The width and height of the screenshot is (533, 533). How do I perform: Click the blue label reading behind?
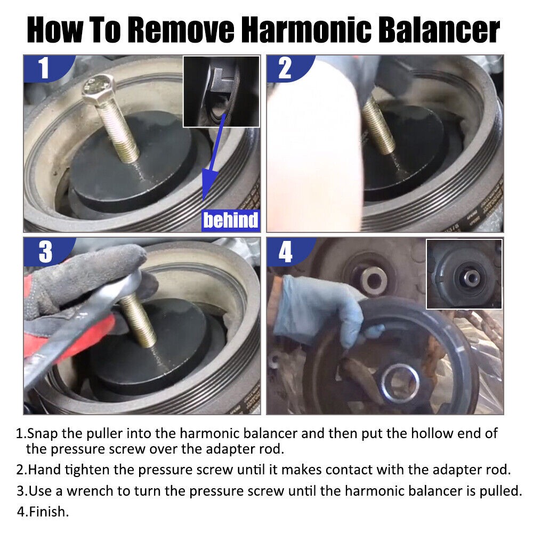[x=230, y=220]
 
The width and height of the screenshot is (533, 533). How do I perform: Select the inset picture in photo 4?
[x=464, y=274]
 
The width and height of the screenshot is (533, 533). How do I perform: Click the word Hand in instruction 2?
[x=42, y=470]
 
